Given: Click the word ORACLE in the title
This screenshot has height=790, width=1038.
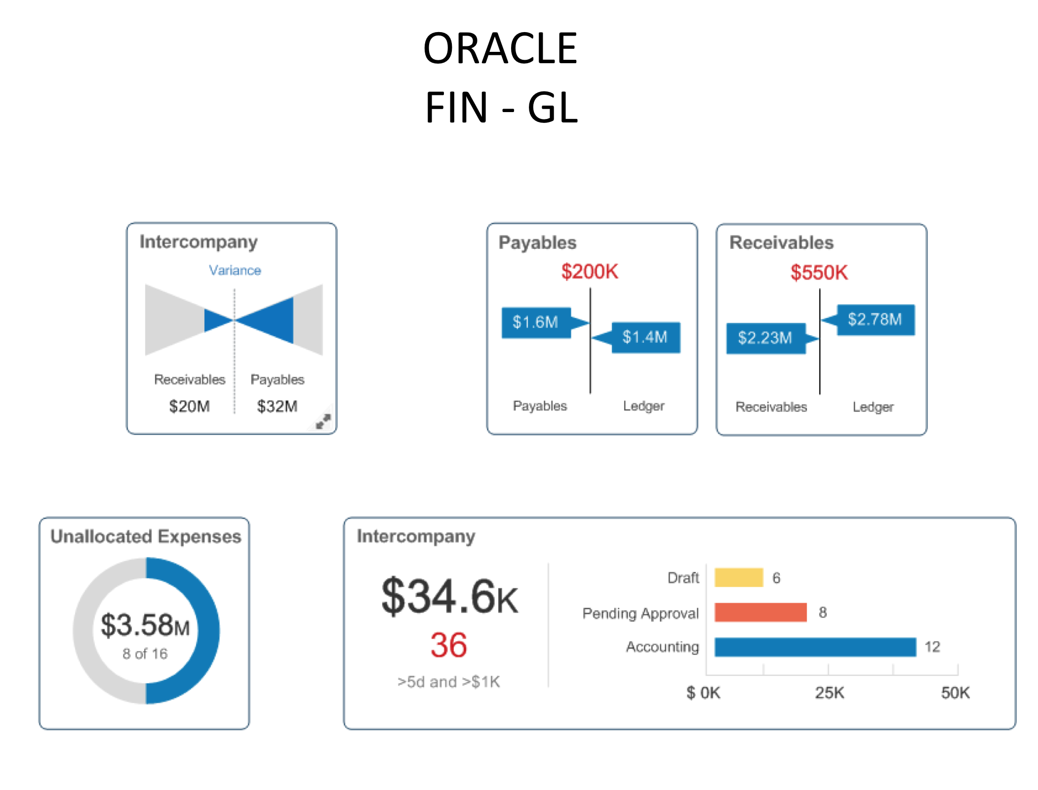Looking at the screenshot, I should tap(500, 48).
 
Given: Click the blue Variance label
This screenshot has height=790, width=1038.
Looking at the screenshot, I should tap(235, 270).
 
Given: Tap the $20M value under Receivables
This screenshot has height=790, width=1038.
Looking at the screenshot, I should tap(189, 406).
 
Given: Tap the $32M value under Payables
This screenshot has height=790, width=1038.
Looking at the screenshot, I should tap(277, 406).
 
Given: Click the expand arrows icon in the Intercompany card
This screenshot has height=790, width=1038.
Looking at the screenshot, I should tap(323, 421).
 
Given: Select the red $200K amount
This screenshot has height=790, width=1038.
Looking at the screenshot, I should tap(589, 272).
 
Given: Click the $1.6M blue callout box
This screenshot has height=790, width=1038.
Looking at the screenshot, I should tap(536, 322).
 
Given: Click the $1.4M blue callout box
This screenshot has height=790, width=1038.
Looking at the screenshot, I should tap(645, 337).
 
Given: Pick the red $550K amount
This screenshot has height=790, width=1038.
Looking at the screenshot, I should tap(819, 273).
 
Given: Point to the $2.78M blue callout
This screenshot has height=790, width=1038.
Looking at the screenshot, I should tap(875, 319).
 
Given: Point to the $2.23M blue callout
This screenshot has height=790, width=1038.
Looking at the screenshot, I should tap(765, 338).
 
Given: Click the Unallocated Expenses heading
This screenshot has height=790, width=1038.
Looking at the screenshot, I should tap(146, 536).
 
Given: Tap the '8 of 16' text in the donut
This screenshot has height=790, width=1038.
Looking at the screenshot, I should tap(145, 654).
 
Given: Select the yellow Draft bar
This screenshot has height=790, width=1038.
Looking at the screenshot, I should tap(738, 577).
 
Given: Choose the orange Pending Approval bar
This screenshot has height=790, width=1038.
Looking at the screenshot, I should tap(760, 612).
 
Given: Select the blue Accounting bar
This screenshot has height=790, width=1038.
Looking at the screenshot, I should tap(815, 647).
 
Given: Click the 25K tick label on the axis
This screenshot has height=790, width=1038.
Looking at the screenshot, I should tap(829, 693).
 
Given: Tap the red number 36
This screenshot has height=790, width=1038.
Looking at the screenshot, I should tap(448, 645).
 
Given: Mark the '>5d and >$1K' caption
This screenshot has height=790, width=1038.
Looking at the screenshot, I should tap(448, 682).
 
